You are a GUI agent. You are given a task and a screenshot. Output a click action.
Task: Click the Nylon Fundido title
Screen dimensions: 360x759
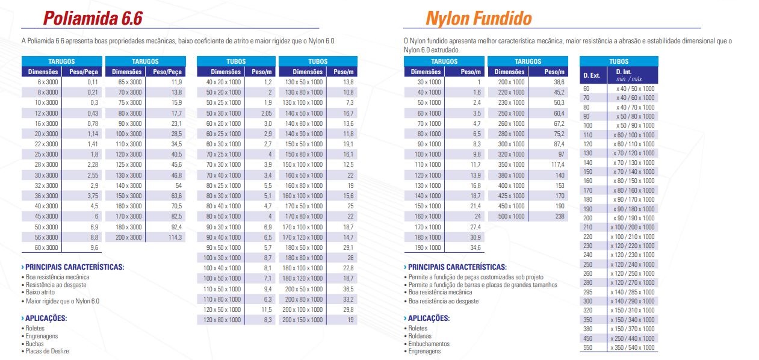click(x=479, y=18)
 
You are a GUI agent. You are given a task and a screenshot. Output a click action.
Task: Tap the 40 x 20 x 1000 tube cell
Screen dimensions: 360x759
click(x=223, y=82)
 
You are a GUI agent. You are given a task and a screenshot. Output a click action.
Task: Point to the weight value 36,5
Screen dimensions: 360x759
click(x=348, y=289)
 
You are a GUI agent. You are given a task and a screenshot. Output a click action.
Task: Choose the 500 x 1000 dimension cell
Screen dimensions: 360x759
click(x=511, y=216)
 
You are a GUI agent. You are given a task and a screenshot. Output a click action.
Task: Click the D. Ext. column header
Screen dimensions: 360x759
click(x=592, y=75)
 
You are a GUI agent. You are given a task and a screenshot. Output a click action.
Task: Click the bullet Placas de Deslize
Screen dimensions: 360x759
click(x=48, y=351)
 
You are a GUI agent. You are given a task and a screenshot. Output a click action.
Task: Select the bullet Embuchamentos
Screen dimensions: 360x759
click(x=429, y=344)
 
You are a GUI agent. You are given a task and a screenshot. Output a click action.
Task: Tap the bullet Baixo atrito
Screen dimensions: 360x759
click(x=40, y=292)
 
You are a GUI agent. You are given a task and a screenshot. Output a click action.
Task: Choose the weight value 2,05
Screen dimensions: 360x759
click(x=267, y=113)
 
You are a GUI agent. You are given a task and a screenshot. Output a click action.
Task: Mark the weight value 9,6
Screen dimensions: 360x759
click(x=93, y=247)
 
